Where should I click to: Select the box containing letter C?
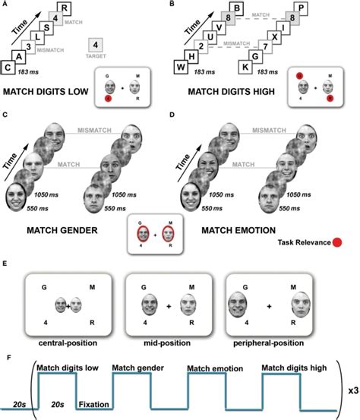(x=8, y=68)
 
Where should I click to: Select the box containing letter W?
(x=192, y=68)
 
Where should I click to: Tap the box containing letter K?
(x=266, y=68)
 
